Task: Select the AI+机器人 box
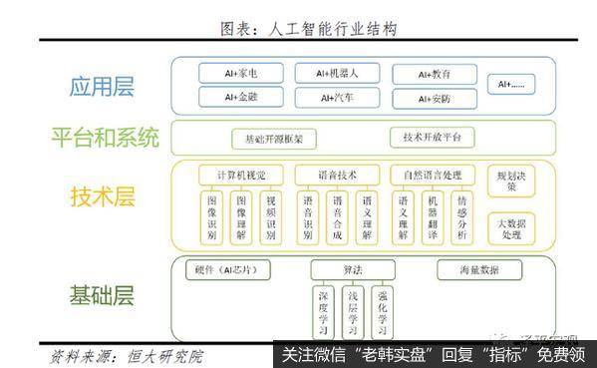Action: pos(331,73)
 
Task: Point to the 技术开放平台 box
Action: pos(431,138)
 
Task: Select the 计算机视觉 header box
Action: pos(240,175)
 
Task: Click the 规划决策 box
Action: pos(507,180)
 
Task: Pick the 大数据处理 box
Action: pos(507,228)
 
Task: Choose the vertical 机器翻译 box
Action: pos(432,218)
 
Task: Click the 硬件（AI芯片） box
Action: pos(221,270)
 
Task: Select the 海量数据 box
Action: pos(478,269)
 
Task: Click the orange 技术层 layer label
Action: pos(102,196)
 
